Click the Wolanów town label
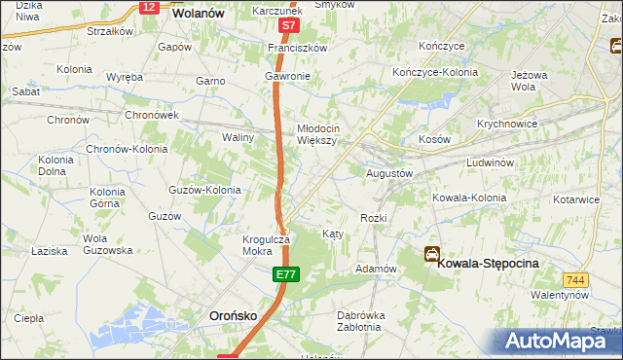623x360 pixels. (x=198, y=15)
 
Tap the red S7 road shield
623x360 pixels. (x=287, y=26)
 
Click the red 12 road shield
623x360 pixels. (x=148, y=7)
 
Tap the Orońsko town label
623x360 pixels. (x=235, y=315)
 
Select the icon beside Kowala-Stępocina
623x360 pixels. (x=431, y=254)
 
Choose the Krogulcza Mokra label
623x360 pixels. (x=264, y=245)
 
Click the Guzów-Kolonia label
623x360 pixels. (x=204, y=190)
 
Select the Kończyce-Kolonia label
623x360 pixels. (x=433, y=73)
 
